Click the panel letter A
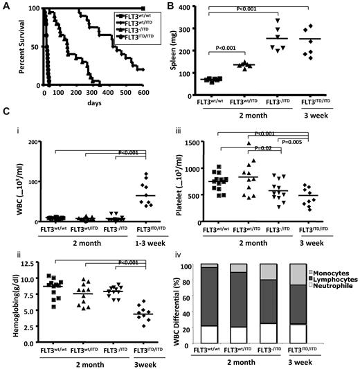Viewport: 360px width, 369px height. point(6,7)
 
